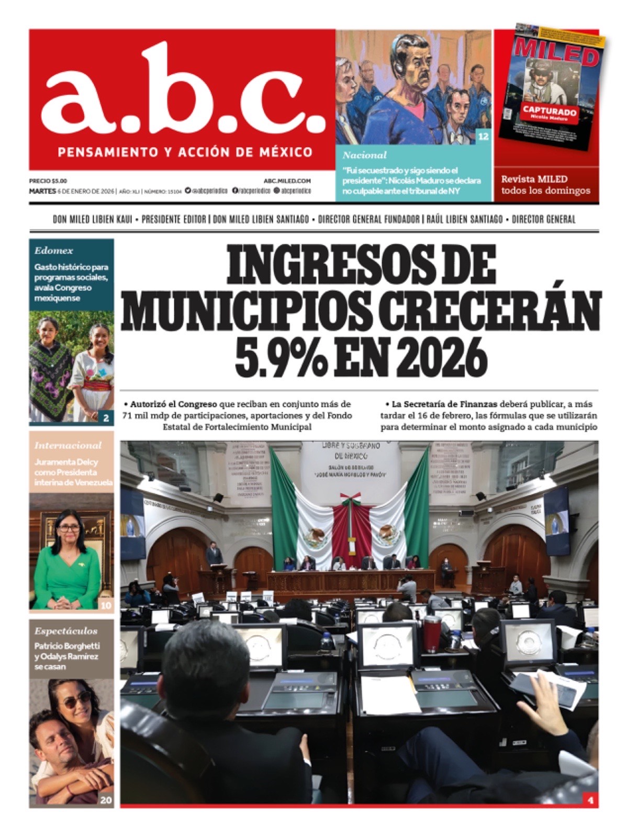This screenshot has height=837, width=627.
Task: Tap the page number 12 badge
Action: point(483,137)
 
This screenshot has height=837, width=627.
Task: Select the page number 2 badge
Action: point(106,417)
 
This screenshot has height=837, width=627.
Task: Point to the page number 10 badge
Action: point(106,605)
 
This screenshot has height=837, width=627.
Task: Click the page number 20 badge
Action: point(106,800)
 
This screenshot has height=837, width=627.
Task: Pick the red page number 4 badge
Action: point(590,800)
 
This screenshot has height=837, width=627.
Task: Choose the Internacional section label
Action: point(68,445)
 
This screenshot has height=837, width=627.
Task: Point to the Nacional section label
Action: point(364,155)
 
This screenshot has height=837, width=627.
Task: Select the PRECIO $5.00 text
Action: point(48,180)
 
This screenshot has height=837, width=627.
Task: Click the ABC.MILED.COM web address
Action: point(288,180)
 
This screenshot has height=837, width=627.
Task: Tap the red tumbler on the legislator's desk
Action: point(432,634)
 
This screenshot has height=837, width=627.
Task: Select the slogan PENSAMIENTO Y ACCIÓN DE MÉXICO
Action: point(186,153)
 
